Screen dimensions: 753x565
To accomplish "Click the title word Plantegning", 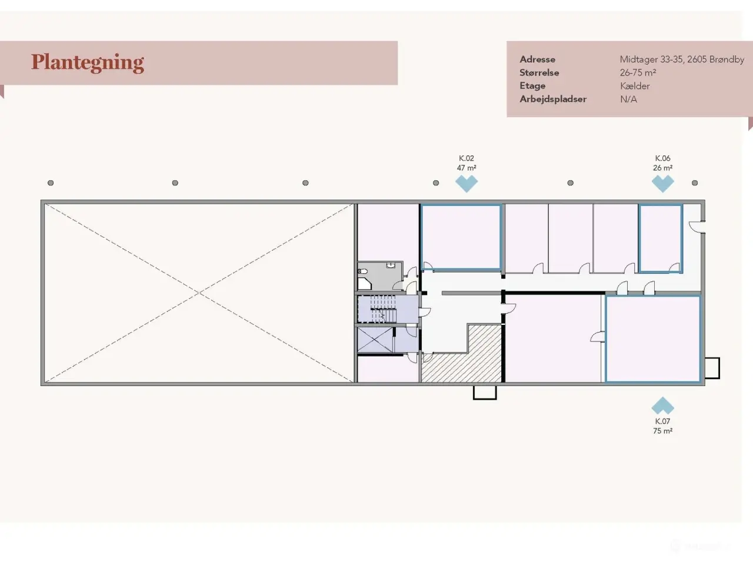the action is (88, 63).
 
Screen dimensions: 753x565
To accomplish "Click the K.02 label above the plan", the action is (466, 158).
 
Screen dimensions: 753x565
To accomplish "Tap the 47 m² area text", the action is (466, 168).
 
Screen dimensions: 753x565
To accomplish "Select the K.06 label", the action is (662, 158).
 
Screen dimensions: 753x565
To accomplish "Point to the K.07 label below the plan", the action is (662, 421).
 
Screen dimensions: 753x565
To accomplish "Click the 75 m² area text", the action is (662, 431).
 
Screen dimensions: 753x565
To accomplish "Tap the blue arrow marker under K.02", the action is (467, 184).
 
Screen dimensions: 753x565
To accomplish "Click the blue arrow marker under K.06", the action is (663, 184).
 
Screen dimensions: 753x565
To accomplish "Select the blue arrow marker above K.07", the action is (663, 406).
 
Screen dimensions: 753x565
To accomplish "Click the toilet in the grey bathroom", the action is (362, 271).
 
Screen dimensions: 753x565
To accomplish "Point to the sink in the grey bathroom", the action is (391, 265).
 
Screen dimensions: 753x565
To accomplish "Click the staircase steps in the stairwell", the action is (383, 309).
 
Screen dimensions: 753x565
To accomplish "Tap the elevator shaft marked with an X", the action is (375, 340).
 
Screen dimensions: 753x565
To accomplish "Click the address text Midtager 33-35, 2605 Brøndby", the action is (682, 59).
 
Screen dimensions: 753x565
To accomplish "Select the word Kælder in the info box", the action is (635, 86).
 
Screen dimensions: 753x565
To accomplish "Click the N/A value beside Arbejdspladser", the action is (628, 99).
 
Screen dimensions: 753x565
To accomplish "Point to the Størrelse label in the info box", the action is (539, 73).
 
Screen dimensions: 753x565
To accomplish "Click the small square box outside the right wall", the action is (712, 368).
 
